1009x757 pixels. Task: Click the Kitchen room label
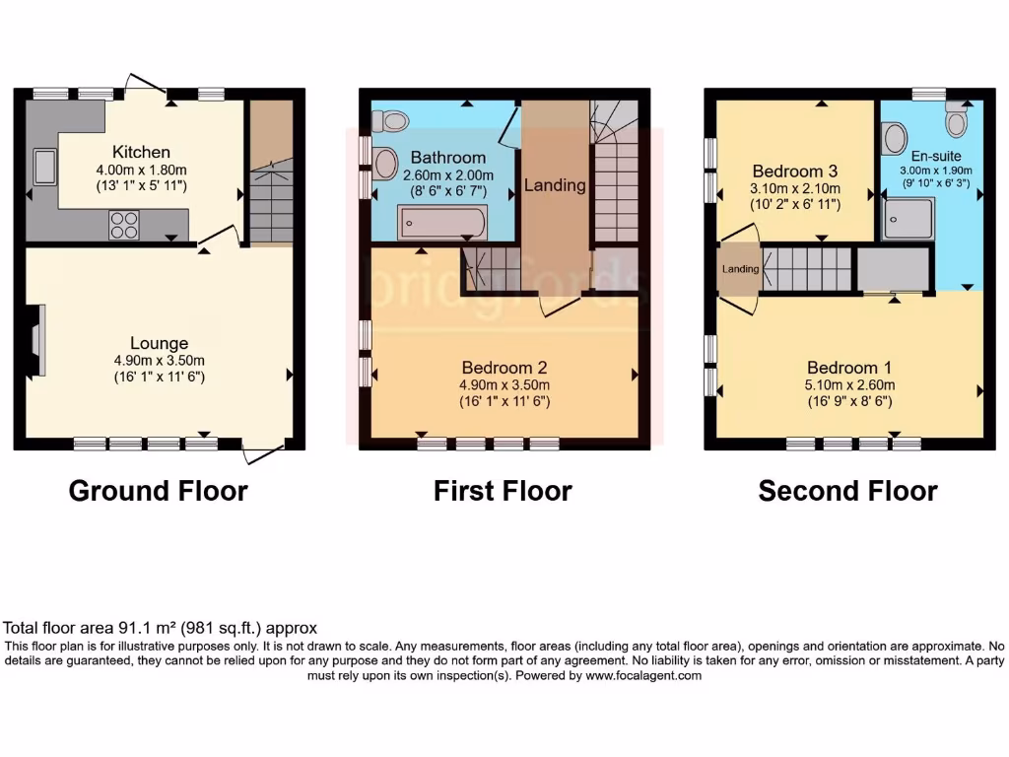[141, 152]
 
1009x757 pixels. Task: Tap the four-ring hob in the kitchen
[123, 226]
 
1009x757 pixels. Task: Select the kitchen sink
[45, 167]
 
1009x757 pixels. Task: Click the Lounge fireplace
[36, 340]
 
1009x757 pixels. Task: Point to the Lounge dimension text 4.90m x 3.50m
[158, 361]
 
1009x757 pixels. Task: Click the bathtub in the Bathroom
[440, 223]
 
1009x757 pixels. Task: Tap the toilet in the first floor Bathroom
[391, 120]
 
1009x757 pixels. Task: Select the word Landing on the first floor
[555, 184]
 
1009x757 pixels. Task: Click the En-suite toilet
[955, 119]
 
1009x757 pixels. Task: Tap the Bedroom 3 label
[793, 171]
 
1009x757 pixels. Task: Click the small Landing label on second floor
[740, 269]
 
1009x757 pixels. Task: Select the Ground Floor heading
[158, 491]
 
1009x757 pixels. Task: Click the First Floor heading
[503, 491]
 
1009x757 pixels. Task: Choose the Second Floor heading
[847, 491]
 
